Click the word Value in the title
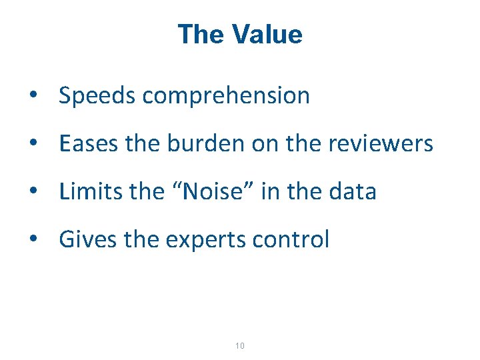point(267,35)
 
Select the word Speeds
point(98,96)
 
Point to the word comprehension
point(227,96)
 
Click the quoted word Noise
point(214,192)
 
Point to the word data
point(353,192)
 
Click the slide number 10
point(240,346)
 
